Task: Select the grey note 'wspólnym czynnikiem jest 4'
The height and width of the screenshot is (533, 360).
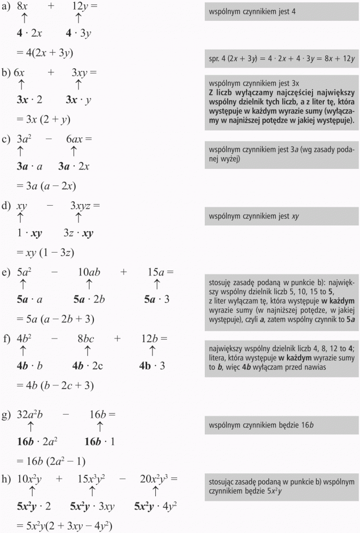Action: pyautogui.click(x=281, y=11)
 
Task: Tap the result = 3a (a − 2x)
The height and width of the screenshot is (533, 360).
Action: pyautogui.click(x=46, y=186)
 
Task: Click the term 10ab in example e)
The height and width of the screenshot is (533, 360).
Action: pyautogui.click(x=89, y=272)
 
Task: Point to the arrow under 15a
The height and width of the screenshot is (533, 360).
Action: pyautogui.click(x=157, y=284)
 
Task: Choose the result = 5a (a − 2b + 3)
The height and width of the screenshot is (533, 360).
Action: pyautogui.click(x=55, y=319)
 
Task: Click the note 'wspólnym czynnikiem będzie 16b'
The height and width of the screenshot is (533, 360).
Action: pyautogui.click(x=281, y=425)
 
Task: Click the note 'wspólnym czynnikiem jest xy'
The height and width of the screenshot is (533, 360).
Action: pyautogui.click(x=281, y=216)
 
